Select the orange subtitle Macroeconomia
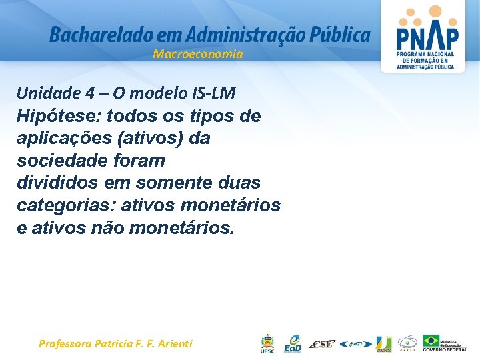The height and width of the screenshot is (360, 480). [x=198, y=55]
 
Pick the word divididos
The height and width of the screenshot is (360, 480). [x=57, y=183]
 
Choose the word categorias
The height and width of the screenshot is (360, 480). [x=62, y=205]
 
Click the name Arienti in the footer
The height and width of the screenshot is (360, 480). [x=173, y=344]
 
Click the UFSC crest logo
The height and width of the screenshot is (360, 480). [x=267, y=343]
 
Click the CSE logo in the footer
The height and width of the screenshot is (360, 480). [x=322, y=344]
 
